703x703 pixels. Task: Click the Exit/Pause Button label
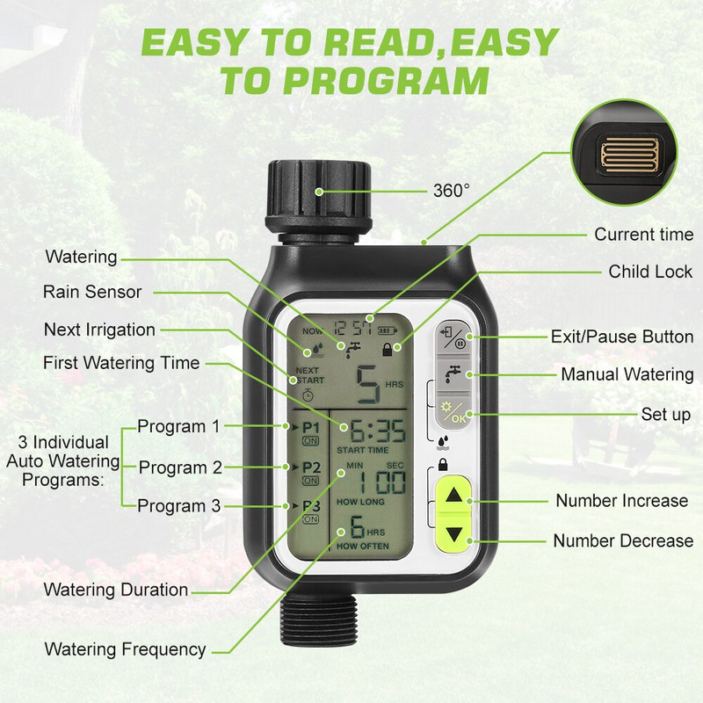coord(621,337)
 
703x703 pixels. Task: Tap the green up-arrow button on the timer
coord(453,496)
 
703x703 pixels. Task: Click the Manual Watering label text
coord(627,374)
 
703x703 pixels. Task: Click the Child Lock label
coord(650,272)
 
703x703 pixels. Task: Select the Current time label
coord(644,235)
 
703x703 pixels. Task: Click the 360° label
coord(452,189)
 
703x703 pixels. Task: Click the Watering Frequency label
coord(126,650)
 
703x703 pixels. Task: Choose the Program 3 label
coord(179,505)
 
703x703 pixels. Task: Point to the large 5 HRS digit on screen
coord(369,384)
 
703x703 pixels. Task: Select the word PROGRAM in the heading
coord(378,81)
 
